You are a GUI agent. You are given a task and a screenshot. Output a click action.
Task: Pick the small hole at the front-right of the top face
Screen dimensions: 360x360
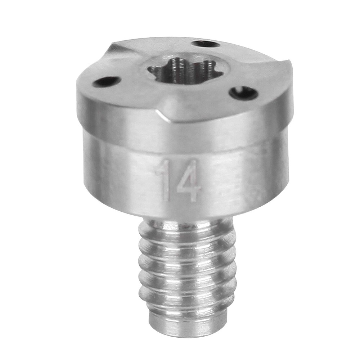[243, 92]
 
